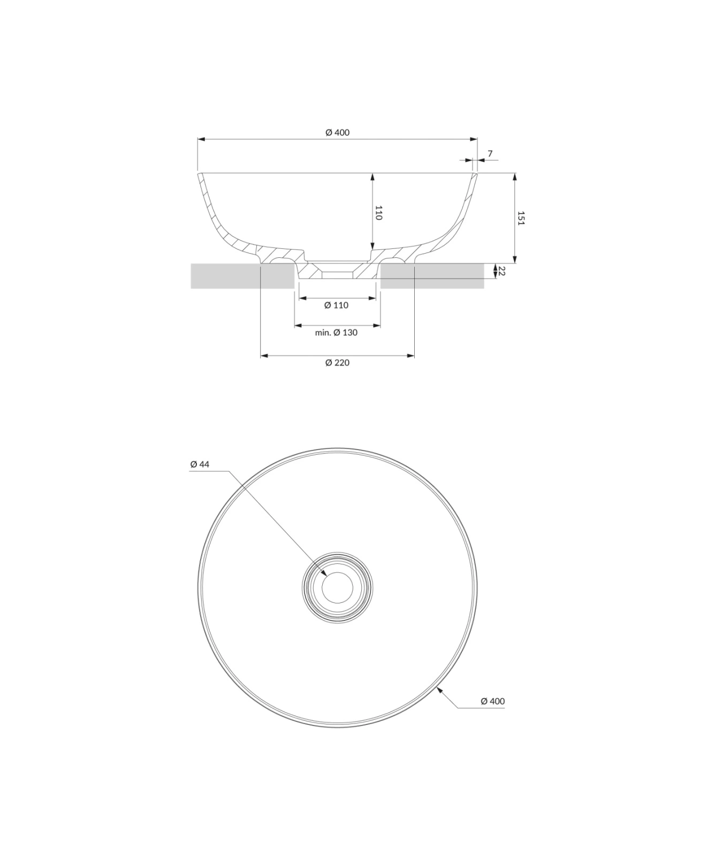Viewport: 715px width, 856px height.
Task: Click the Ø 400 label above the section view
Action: (x=337, y=132)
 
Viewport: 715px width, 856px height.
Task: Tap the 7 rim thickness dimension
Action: (x=490, y=154)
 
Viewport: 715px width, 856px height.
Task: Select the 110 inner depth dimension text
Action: (x=378, y=212)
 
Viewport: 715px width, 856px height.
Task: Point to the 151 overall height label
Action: (x=521, y=218)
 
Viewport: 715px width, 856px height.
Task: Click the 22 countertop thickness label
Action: (x=501, y=271)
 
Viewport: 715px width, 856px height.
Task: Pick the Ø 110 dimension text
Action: (x=336, y=305)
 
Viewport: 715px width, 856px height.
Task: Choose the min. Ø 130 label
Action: (x=336, y=332)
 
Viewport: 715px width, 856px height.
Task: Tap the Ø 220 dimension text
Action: (x=337, y=363)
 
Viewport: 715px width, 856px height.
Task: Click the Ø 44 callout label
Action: (x=200, y=464)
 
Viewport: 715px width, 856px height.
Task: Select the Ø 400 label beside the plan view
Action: (x=492, y=701)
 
